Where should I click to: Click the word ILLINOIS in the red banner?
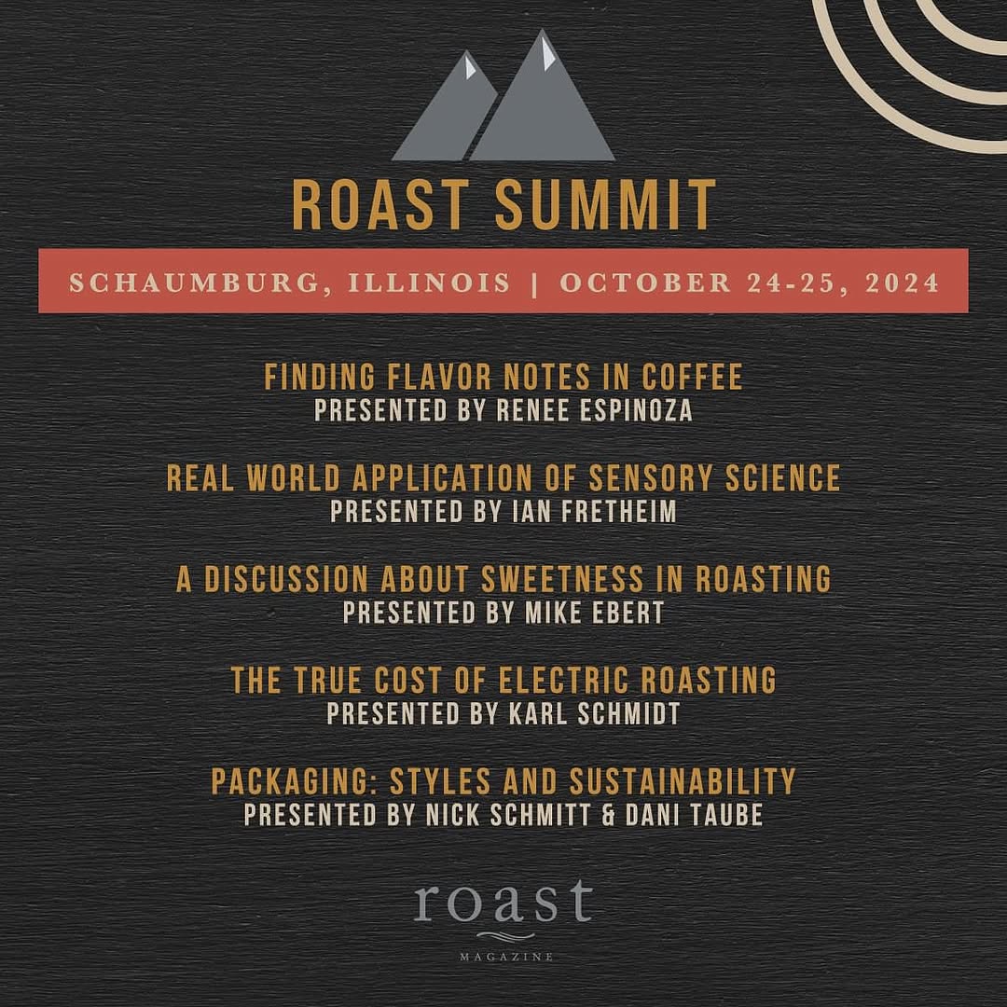(430, 283)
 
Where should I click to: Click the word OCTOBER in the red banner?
(645, 283)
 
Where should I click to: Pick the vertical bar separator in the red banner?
(535, 283)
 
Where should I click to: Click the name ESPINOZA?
(636, 411)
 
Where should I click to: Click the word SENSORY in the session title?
(651, 477)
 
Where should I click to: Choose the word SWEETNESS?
(562, 579)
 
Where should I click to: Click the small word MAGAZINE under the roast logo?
(506, 957)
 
